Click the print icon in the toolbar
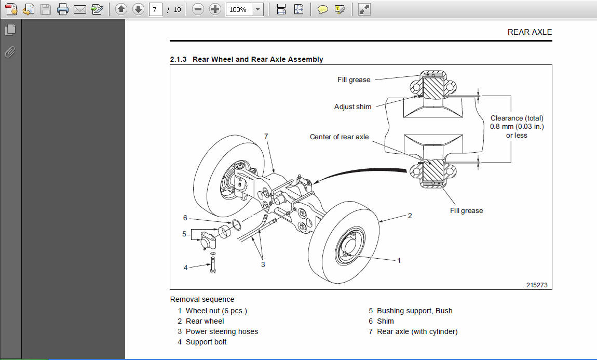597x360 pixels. pos(62,9)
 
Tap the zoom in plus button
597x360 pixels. pos(215,9)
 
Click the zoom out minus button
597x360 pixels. pos(197,9)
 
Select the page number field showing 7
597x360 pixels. pos(155,9)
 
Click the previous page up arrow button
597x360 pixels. pos(120,9)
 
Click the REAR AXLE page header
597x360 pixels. pos(530,32)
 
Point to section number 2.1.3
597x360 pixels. pos(179,59)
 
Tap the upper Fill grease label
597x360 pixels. pos(354,79)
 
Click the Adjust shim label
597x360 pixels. pos(352,106)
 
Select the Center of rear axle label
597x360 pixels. pos(339,137)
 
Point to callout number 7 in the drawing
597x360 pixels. pos(266,136)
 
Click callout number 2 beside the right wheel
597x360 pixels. pos(410,215)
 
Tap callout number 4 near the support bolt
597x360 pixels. pos(185,268)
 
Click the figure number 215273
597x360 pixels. pos(536,285)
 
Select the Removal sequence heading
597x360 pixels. pos(202,299)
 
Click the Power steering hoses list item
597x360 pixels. pos(222,331)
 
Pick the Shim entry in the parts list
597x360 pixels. pos(385,321)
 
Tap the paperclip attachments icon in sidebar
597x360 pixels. pos(10,52)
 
